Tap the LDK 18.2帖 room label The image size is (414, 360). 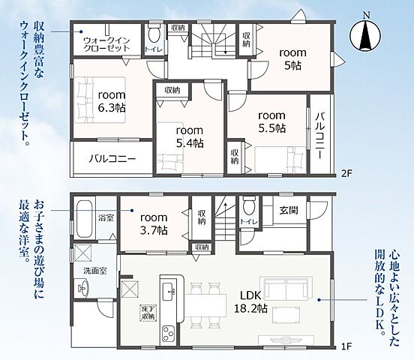(250, 301)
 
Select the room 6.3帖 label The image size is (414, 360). (112, 101)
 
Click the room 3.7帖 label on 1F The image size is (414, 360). (154, 224)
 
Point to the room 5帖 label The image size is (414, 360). (292, 59)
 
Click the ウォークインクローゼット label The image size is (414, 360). (106, 44)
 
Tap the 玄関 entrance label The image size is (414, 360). (289, 210)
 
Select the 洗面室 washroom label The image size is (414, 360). (95, 271)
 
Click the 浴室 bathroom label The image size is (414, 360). (106, 218)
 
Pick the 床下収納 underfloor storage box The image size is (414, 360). (148, 313)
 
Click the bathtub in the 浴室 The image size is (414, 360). (85, 220)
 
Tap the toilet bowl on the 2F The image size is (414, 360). (154, 33)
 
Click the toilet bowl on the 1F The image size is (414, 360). (248, 205)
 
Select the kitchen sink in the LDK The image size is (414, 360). (169, 291)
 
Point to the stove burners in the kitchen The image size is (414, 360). (169, 334)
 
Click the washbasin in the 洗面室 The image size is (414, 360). (83, 289)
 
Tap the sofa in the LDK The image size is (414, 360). (286, 289)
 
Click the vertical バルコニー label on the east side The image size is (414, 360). (320, 135)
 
